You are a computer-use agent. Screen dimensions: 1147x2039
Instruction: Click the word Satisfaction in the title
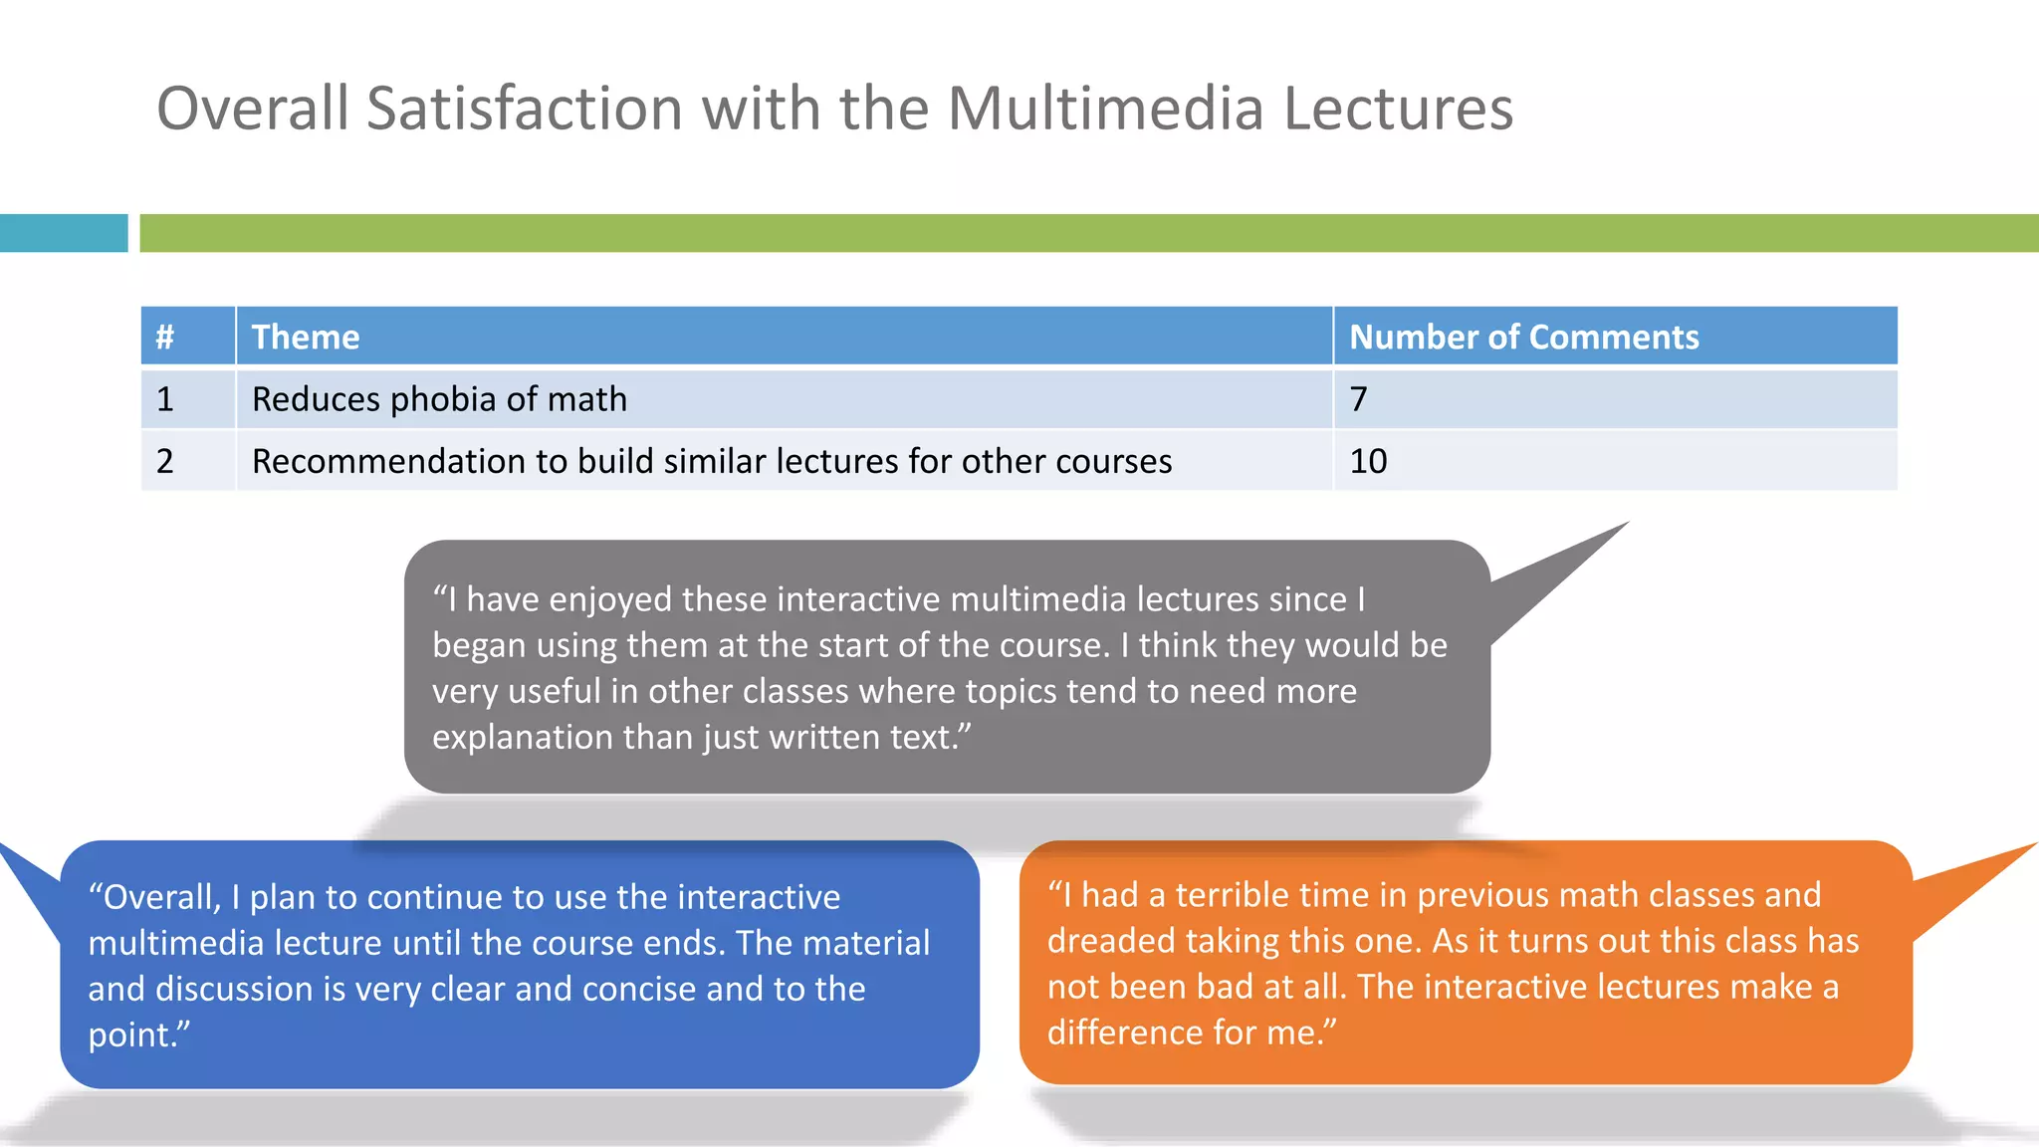click(x=526, y=108)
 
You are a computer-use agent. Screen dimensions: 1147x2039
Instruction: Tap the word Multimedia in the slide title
click(x=1105, y=108)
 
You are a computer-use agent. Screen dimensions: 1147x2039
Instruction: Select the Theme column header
click(x=305, y=337)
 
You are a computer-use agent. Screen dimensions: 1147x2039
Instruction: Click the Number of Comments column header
click(x=1523, y=337)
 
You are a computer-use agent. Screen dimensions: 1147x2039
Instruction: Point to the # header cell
click(x=165, y=337)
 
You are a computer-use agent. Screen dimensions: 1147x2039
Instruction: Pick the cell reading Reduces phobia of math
click(x=439, y=399)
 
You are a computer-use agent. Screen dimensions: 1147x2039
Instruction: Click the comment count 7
click(x=1359, y=399)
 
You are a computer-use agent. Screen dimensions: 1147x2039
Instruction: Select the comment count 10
click(x=1368, y=461)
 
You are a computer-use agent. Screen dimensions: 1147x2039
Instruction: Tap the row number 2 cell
click(x=165, y=461)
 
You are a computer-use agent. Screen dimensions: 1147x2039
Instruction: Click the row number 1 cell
click(x=165, y=399)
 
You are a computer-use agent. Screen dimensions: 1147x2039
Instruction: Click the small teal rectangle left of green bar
click(x=64, y=233)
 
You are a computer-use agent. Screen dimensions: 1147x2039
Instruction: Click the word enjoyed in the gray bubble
click(x=610, y=599)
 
